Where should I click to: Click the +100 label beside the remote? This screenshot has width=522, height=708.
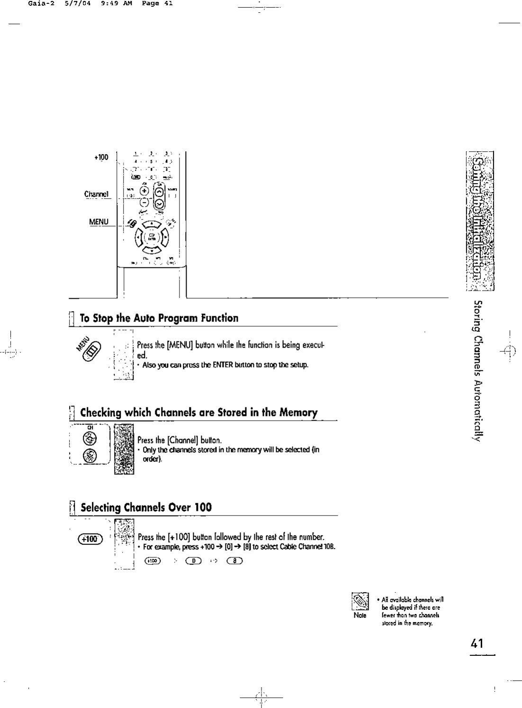point(101,157)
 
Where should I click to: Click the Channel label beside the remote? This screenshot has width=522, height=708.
point(97,194)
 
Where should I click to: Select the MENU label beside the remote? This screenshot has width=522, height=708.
point(99,221)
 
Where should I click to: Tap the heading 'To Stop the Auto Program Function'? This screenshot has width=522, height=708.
point(159,318)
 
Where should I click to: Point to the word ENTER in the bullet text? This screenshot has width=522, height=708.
point(222,365)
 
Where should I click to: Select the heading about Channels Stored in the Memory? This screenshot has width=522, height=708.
point(198,412)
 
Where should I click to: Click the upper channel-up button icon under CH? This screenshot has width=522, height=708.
point(89,438)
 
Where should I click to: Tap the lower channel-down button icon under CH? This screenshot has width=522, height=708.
point(89,456)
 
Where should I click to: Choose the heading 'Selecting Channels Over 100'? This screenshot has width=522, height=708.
point(146,507)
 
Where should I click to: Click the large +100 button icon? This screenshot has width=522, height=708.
point(90,539)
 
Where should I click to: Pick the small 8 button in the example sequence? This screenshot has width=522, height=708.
point(235,561)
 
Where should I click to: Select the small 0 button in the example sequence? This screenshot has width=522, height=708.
point(195,561)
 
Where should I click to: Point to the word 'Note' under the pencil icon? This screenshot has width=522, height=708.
point(360,616)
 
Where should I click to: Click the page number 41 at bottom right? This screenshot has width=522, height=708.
point(477,644)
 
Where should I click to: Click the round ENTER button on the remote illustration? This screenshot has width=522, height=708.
point(152,236)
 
